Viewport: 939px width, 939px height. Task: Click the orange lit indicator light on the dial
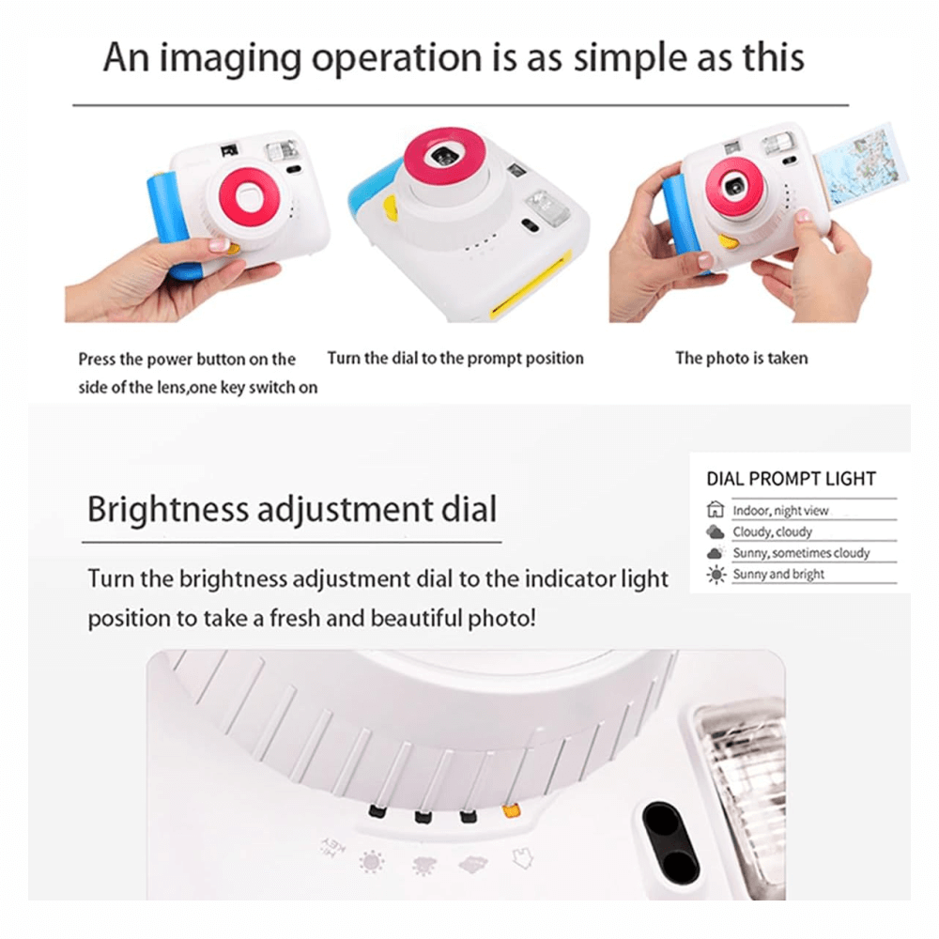click(x=511, y=809)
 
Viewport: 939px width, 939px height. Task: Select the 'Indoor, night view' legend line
click(x=780, y=511)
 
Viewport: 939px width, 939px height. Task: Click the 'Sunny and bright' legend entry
click(x=778, y=574)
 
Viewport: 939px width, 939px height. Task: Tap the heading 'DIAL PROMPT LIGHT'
click(x=791, y=479)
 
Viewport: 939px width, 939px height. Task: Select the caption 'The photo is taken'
click(x=741, y=358)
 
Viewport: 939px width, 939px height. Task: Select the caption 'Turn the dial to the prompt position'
click(x=455, y=358)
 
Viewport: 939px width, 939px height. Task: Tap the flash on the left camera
click(x=281, y=149)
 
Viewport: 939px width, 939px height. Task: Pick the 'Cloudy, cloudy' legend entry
click(x=773, y=531)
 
